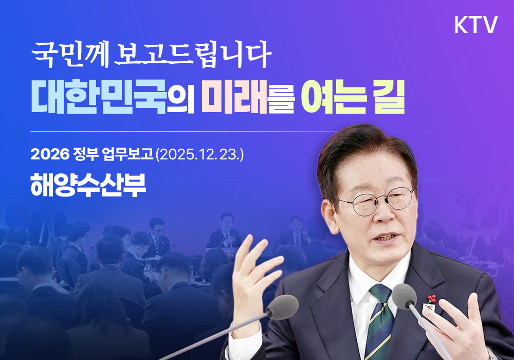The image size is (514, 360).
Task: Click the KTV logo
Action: tap(476, 25)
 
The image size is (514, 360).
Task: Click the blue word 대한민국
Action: tap(99, 97)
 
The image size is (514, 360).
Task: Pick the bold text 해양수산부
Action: tap(88, 183)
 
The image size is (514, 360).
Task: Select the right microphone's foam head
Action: tap(404, 296)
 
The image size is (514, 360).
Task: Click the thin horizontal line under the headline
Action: tap(226, 132)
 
